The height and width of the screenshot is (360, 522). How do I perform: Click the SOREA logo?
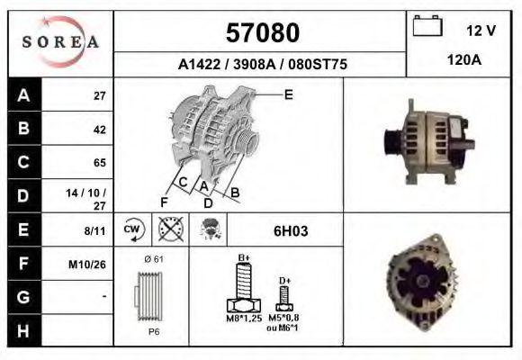click(60, 42)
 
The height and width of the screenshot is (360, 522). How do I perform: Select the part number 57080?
click(261, 33)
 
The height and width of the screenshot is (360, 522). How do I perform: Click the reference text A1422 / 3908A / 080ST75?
click(262, 65)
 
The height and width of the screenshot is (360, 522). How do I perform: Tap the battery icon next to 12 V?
click(425, 28)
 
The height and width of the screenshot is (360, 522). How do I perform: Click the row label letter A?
click(23, 95)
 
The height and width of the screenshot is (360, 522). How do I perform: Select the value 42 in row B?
click(99, 129)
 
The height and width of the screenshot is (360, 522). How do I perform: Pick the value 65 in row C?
click(99, 163)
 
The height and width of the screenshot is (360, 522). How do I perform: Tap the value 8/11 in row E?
click(94, 230)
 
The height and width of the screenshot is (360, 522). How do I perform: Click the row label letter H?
click(23, 330)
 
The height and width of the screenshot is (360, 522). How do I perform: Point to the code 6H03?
click(290, 231)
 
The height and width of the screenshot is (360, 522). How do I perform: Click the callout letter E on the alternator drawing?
click(288, 94)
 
